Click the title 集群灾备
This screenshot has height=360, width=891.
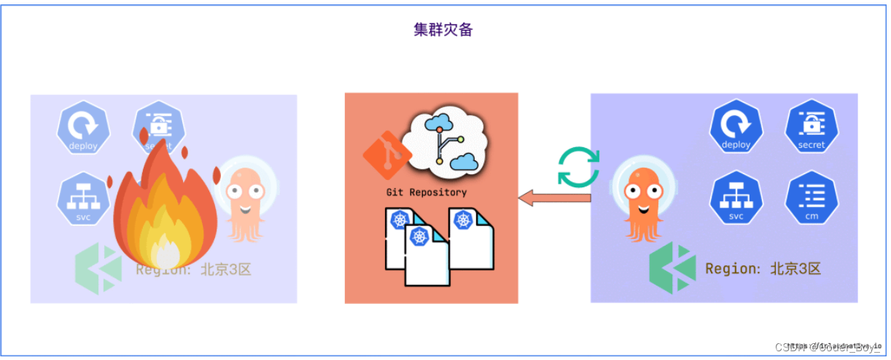click(x=443, y=31)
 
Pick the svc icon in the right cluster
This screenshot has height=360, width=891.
click(x=736, y=198)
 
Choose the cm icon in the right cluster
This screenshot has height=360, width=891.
click(x=811, y=198)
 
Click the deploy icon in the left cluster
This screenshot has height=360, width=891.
click(x=83, y=128)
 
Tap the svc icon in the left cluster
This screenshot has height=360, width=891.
click(x=83, y=199)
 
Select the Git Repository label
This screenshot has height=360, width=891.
click(x=427, y=192)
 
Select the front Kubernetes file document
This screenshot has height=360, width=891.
click(x=425, y=255)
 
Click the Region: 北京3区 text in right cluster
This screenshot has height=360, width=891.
click(x=763, y=268)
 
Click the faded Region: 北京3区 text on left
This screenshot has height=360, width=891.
click(x=193, y=270)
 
